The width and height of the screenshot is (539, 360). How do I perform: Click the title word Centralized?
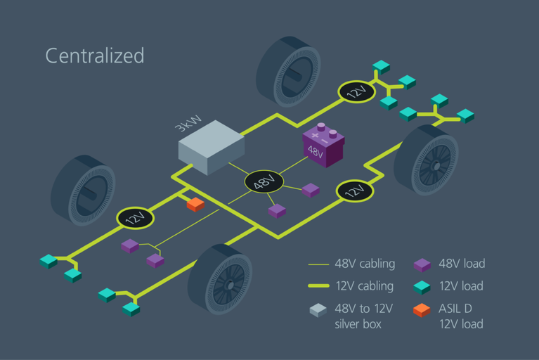95,56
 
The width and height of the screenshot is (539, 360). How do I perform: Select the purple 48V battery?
323,146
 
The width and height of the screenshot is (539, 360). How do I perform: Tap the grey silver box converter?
212,147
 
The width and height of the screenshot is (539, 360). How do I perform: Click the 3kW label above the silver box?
186,127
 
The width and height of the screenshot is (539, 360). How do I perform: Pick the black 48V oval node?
264,183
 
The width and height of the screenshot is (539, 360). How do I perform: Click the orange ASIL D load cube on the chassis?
195,204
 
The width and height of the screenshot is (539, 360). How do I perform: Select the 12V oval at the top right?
357,91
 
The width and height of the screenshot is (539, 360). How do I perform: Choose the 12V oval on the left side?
135,217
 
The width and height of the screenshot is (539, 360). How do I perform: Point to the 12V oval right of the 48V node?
355,191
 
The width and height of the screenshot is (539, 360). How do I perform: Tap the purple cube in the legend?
421,264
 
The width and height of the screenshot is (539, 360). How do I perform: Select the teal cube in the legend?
421,286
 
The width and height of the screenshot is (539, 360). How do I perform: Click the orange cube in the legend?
421,309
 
